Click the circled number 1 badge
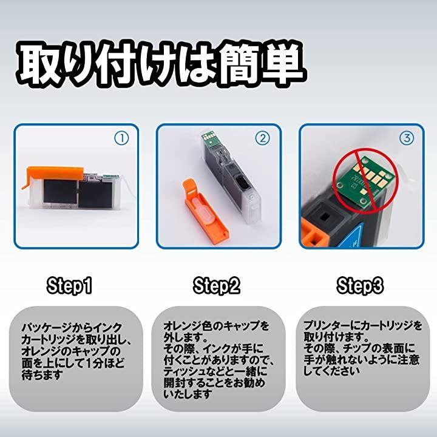(121, 138)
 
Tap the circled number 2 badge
(263, 138)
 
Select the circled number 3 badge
(407, 138)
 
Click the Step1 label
(69, 286)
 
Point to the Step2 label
(217, 286)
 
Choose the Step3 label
(360, 286)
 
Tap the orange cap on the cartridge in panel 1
(53, 175)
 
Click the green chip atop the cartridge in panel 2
(209, 138)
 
